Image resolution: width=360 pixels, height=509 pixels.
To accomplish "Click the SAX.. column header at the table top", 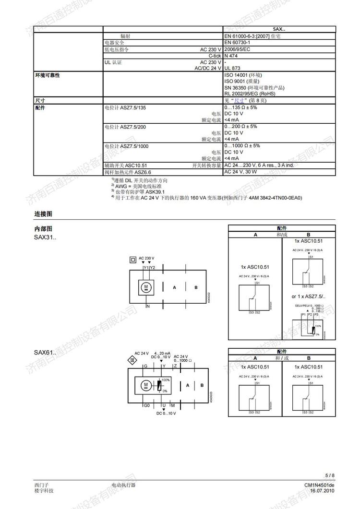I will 279,29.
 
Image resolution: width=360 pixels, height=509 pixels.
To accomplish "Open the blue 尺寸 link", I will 240,101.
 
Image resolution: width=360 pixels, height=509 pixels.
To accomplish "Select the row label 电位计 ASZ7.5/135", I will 125,107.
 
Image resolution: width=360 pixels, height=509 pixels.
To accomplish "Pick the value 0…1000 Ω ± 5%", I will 242,145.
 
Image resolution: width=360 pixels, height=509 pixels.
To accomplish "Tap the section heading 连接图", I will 43,213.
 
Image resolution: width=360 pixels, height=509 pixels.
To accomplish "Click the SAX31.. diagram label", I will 45,237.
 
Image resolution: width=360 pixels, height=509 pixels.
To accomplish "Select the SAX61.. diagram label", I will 45,353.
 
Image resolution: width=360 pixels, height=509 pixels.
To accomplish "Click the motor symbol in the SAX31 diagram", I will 145,287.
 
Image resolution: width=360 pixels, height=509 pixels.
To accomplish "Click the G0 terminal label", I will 146,405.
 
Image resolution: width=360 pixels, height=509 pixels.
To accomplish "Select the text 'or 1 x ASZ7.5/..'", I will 308,296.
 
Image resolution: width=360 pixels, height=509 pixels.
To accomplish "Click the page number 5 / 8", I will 330,475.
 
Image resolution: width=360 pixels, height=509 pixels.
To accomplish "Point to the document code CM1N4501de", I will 319,485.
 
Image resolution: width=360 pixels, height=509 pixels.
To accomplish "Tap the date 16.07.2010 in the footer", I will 322,491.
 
